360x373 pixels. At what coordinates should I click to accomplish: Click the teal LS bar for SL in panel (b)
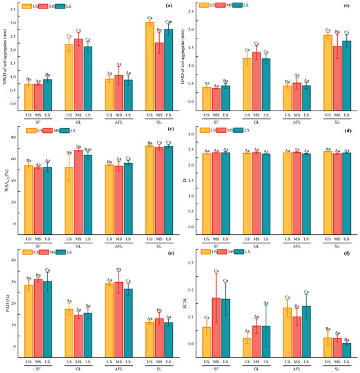[x=347, y=73]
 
